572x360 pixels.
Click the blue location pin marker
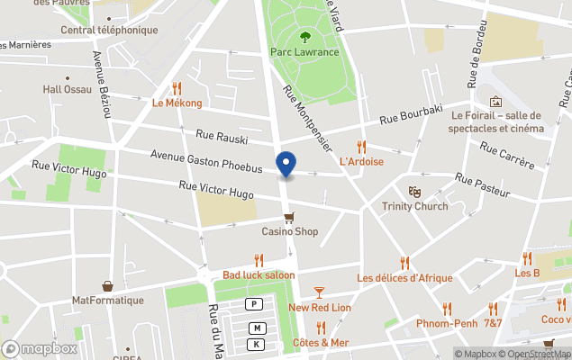pos(286,165)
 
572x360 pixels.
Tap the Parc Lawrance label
pos(304,52)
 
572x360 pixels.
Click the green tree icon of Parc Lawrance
pos(304,37)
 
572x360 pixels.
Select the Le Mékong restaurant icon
pos(177,88)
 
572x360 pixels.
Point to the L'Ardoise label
pos(361,161)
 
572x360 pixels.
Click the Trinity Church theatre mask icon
pos(414,192)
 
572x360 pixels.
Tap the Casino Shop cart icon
pos(289,217)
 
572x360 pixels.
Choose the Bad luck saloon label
pos(259,274)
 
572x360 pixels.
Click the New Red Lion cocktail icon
pos(319,292)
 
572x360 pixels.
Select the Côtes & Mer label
pos(321,343)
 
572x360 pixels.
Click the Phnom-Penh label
pos(447,323)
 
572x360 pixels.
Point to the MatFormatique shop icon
pos(108,285)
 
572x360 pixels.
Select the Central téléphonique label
pos(109,30)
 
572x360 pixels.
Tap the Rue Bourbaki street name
pos(412,115)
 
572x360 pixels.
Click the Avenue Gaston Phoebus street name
pos(206,162)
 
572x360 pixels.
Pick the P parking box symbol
pos(256,304)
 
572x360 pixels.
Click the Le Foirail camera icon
pos(495,101)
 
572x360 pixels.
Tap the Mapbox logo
pos(41,348)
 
